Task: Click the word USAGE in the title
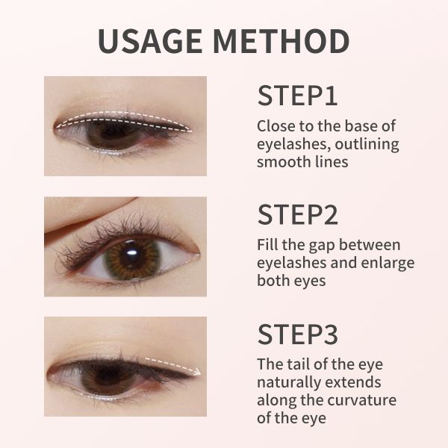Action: coord(150,41)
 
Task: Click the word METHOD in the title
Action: coord(281,41)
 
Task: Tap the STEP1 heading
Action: coord(297,96)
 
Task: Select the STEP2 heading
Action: coord(298,214)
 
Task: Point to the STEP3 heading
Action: coord(298,334)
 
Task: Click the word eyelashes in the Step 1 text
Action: coord(293,144)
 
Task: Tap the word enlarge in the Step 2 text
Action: coord(388,264)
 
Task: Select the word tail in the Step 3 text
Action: coord(297,364)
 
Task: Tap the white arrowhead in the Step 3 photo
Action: coord(196,372)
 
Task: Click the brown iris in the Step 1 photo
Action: coord(114,134)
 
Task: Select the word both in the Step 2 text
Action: coord(273,280)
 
